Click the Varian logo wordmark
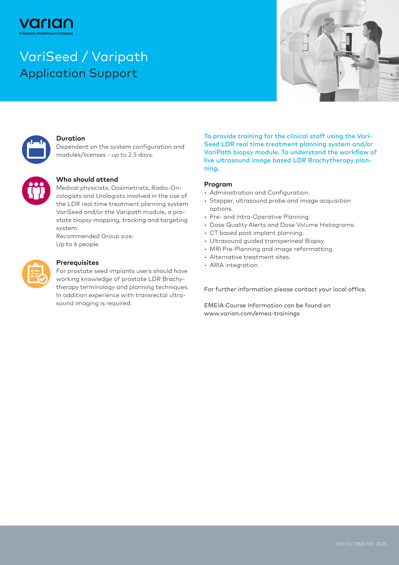(46, 24)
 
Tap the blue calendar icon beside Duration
(36, 150)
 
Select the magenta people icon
(36, 191)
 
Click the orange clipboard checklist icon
(36, 274)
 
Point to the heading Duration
(71, 138)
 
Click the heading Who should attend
(87, 180)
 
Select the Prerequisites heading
(77, 263)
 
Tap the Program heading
(218, 184)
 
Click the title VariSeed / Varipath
(84, 57)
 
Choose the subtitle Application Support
(79, 73)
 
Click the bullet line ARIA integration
(234, 265)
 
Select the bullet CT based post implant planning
(257, 233)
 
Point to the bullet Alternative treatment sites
(250, 257)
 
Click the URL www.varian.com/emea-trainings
(252, 313)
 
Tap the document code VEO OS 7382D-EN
(354, 544)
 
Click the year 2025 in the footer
(381, 544)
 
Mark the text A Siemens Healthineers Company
(46, 33)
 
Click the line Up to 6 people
(78, 244)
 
